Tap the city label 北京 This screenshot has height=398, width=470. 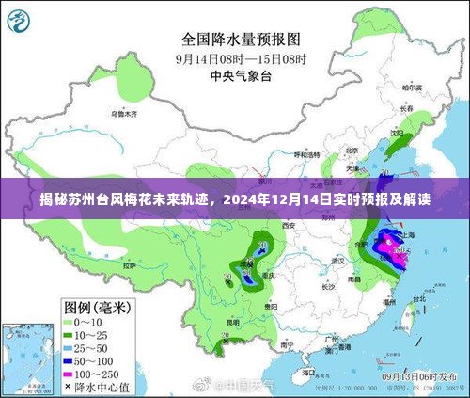pyautogui.click(x=351, y=151)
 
